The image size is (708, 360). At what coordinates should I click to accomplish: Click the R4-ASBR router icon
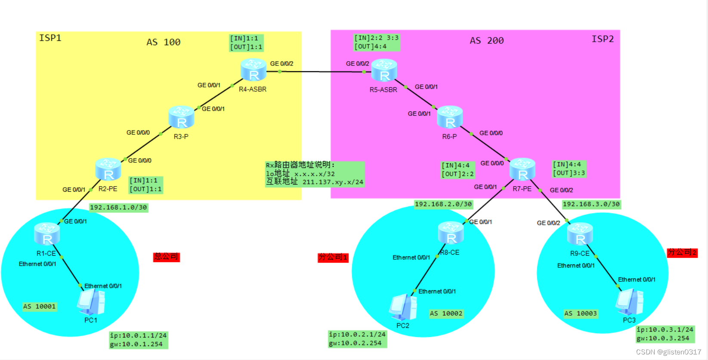click(x=254, y=70)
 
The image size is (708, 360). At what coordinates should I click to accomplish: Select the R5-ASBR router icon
click(x=384, y=71)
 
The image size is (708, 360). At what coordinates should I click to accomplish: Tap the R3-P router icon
click(x=181, y=118)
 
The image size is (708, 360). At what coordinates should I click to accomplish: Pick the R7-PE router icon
click(x=522, y=169)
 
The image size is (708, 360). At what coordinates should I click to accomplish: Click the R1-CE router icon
click(x=47, y=234)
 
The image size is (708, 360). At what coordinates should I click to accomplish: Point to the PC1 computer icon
click(x=91, y=302)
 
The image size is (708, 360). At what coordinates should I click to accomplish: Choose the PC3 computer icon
click(x=630, y=302)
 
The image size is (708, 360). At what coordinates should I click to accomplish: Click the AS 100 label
click(x=163, y=42)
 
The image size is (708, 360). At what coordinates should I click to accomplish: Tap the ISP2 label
click(x=603, y=39)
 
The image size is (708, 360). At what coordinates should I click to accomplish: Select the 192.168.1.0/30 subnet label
click(x=118, y=208)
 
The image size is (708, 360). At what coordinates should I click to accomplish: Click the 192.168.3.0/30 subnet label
click(x=591, y=205)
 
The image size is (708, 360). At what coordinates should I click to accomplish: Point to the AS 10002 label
click(x=446, y=313)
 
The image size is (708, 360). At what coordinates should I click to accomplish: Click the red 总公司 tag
click(x=166, y=257)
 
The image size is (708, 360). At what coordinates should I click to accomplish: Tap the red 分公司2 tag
click(x=682, y=252)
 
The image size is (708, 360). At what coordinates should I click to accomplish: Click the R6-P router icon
click(x=450, y=118)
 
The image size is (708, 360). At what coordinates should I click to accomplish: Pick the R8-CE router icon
click(x=451, y=233)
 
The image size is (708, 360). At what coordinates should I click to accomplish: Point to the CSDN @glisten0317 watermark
click(x=668, y=352)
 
